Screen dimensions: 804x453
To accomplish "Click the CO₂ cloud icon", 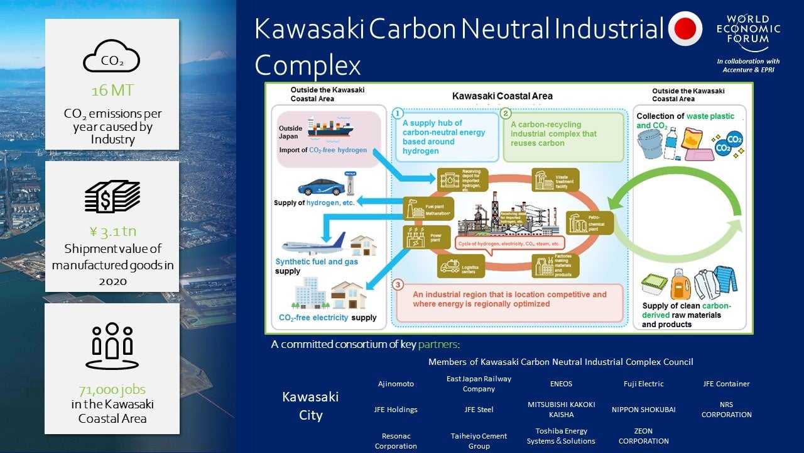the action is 112,57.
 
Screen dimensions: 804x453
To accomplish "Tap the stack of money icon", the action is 112,196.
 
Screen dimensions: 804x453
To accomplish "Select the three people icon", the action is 112,345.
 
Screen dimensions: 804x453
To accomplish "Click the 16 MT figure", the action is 112,91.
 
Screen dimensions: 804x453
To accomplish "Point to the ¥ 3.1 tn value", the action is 112,232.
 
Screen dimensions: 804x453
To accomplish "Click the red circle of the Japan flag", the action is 685,28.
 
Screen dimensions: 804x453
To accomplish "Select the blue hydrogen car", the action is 321,186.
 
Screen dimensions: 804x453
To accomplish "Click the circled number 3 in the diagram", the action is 398,284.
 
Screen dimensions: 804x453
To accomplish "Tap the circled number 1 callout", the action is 397,114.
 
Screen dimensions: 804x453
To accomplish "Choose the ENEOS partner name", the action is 561,384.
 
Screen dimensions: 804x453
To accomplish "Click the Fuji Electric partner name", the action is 643,384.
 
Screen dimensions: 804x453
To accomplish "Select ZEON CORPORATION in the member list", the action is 643,436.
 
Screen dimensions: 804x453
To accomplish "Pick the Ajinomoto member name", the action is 396,384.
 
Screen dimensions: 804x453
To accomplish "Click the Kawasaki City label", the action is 310,406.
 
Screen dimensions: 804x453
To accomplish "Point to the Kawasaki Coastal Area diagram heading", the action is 503,96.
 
